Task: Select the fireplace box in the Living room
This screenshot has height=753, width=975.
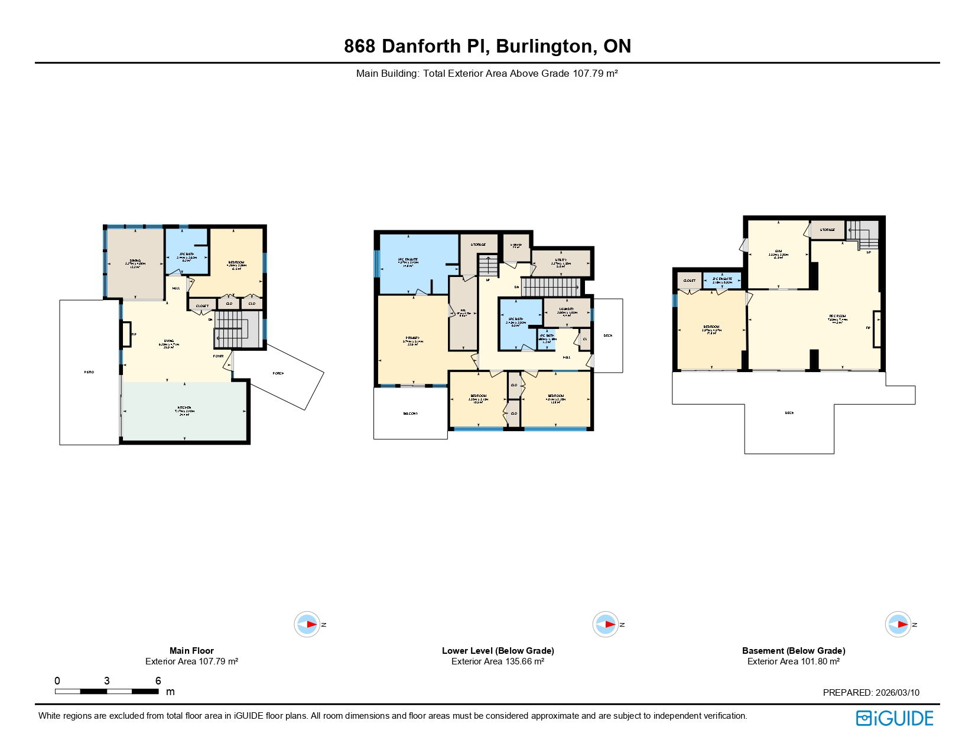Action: pos(126,334)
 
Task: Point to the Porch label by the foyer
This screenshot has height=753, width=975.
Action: pos(278,373)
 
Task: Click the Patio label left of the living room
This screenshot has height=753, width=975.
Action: pos(89,372)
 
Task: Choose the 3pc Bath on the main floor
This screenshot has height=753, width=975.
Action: pos(187,256)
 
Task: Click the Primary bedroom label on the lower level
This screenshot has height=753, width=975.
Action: pos(412,341)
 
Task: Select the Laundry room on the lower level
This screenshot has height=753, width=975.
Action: pos(567,311)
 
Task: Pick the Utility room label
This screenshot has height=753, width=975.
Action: pos(561,262)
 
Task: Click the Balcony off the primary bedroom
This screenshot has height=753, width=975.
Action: pos(411,413)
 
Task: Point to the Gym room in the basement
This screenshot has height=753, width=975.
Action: pos(778,254)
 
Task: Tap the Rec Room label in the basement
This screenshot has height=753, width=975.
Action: pos(837,318)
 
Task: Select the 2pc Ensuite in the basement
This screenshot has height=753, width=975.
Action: pos(722,281)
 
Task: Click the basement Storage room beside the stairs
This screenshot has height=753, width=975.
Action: pos(827,230)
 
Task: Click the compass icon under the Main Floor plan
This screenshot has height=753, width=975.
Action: pos(307,624)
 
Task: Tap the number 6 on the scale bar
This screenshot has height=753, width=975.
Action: pos(158,681)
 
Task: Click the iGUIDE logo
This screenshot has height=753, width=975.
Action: pos(895,718)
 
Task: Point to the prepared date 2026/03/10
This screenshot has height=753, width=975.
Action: pos(897,693)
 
